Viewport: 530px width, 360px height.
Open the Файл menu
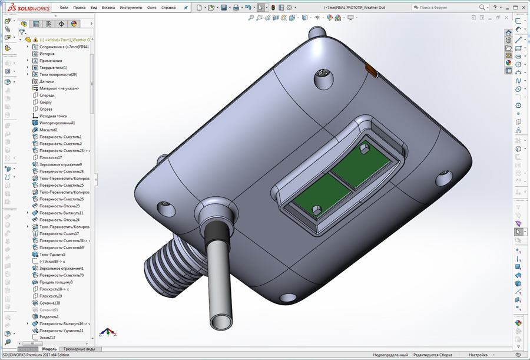pos(64,8)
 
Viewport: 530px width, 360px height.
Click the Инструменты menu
pos(131,8)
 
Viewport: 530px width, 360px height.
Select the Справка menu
pos(168,8)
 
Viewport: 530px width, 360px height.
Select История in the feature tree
pos(47,54)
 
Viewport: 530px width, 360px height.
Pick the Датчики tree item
pos(47,81)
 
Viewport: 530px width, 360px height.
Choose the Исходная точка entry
pos(52,116)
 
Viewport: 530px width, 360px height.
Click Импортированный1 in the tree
pos(57,123)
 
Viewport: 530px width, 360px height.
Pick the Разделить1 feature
pos(49,317)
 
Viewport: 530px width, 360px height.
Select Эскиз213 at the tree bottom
pos(47,338)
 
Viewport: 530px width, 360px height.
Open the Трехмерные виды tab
pos(79,349)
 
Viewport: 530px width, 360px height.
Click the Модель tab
pos(49,349)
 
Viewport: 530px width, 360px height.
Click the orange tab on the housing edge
pos(371,71)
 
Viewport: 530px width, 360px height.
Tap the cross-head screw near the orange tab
pos(323,76)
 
